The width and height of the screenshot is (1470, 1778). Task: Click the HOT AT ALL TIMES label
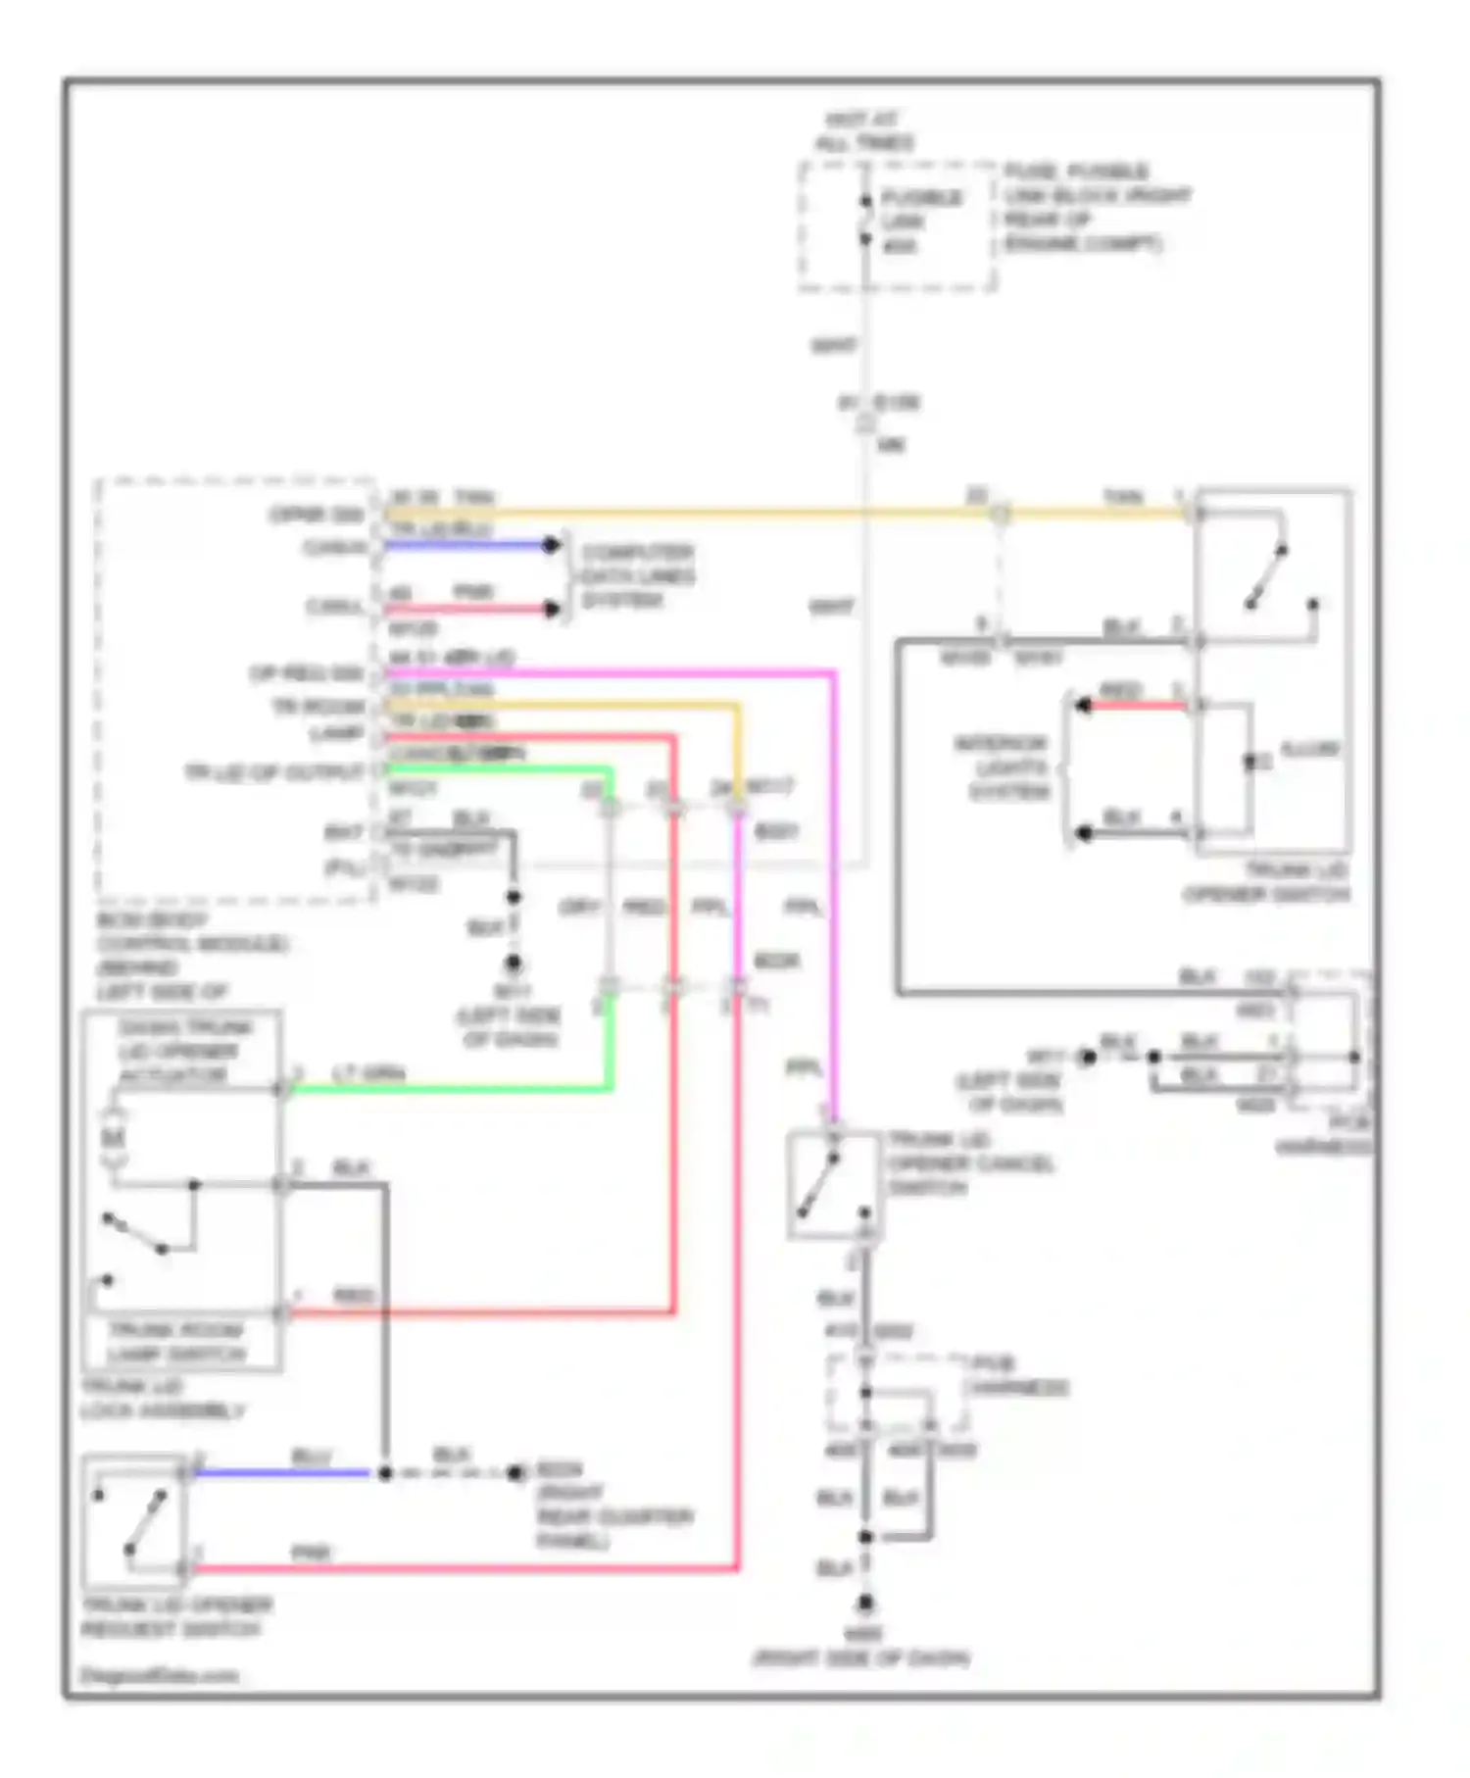[864, 131]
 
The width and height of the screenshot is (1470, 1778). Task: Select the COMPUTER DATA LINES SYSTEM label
[638, 575]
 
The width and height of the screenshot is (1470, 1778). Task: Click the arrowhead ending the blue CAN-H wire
[553, 545]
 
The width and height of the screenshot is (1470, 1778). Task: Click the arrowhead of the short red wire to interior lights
[1082, 705]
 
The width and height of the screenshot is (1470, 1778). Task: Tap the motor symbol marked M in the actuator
[114, 1138]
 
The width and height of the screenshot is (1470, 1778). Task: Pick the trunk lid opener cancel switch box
[833, 1184]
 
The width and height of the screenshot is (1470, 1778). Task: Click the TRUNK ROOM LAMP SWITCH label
[176, 1342]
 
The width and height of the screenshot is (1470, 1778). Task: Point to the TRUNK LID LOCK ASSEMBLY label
[162, 1399]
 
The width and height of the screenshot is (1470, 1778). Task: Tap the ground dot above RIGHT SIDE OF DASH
[865, 1604]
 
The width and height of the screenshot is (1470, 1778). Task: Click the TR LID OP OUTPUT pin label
[273, 772]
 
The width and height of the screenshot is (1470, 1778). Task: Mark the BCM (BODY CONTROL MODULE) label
[191, 956]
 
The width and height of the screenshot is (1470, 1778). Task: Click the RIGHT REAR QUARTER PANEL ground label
[612, 1506]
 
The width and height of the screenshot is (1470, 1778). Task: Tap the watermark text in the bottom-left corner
[159, 1675]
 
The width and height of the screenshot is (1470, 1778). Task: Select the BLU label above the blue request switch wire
[311, 1457]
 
